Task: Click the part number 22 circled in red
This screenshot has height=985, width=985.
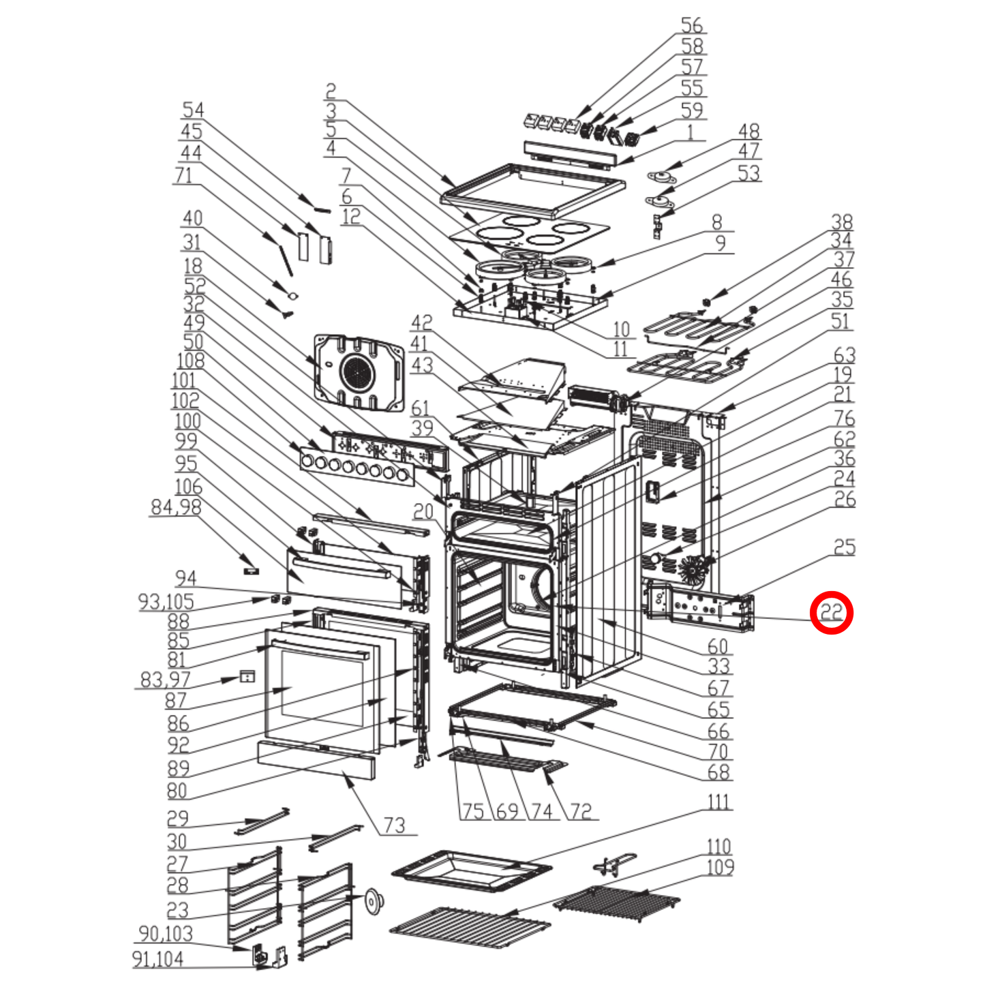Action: pyautogui.click(x=831, y=612)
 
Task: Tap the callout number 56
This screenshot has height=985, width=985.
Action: pyautogui.click(x=692, y=25)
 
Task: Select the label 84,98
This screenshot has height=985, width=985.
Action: pyautogui.click(x=176, y=507)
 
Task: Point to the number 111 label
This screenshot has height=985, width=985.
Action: pyautogui.click(x=718, y=802)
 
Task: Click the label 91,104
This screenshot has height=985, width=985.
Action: pyautogui.click(x=157, y=960)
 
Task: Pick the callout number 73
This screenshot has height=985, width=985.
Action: pyautogui.click(x=394, y=825)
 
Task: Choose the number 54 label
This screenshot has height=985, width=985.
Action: pyautogui.click(x=193, y=110)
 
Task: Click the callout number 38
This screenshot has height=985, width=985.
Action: pyautogui.click(x=842, y=222)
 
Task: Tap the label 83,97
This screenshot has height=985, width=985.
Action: pyautogui.click(x=165, y=680)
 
